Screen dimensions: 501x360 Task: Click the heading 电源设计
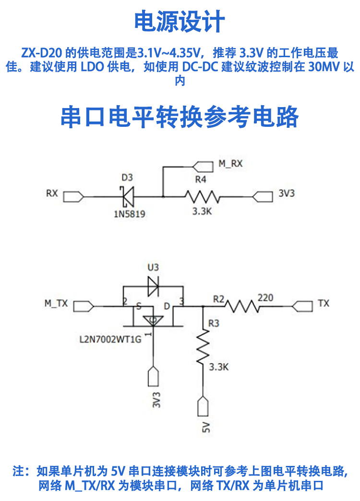tap(180, 22)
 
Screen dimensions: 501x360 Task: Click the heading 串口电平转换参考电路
tap(180, 117)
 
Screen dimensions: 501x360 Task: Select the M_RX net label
tap(230, 164)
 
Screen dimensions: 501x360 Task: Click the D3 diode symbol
tap(128, 196)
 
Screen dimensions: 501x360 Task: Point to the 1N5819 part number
tap(129, 214)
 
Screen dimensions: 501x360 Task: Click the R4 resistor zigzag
tap(202, 196)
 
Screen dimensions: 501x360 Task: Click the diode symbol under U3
tap(154, 286)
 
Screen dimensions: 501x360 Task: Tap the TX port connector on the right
tap(303, 305)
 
